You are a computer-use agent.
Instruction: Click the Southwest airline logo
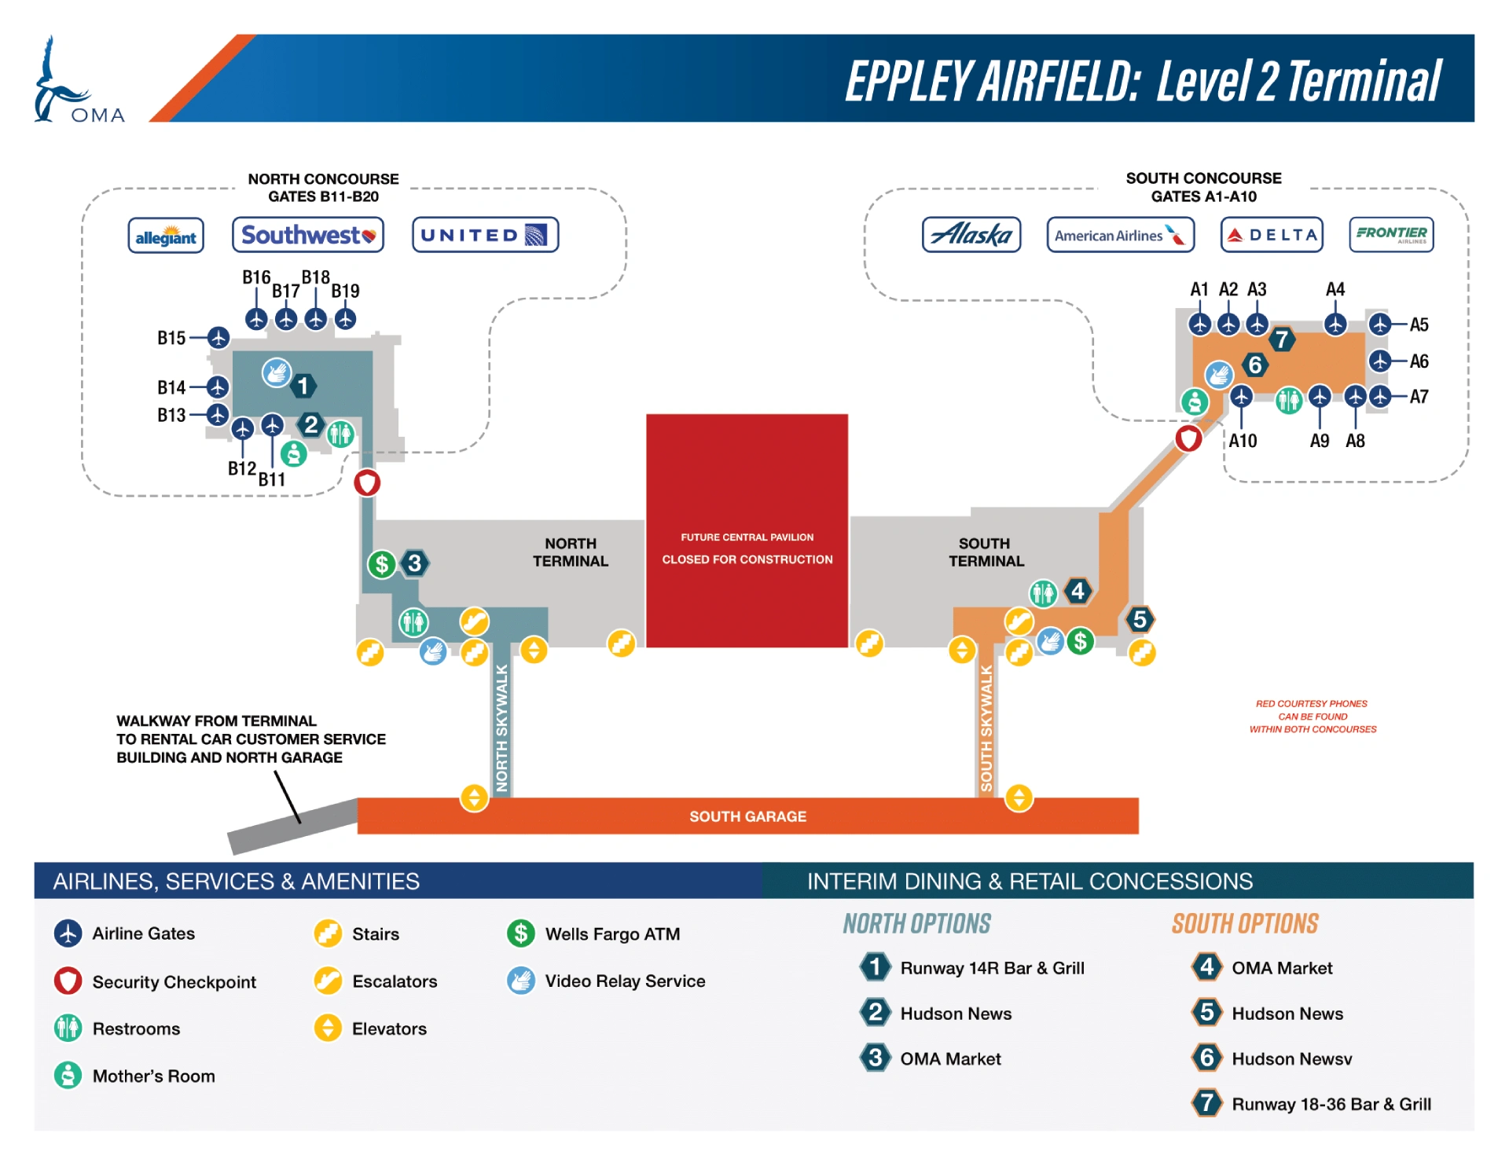coord(308,235)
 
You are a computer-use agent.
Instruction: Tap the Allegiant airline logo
coord(166,236)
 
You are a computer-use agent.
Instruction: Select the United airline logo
coord(485,235)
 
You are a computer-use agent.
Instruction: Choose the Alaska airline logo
coord(971,235)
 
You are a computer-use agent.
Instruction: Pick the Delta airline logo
coord(1272,235)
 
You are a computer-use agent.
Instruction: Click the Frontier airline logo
coord(1391,234)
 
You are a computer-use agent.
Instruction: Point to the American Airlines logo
coord(1120,235)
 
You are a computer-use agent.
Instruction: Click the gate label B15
coord(171,338)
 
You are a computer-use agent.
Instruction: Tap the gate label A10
coord(1243,441)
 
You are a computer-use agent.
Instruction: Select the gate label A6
coord(1419,361)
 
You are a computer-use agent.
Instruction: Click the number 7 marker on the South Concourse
coord(1282,339)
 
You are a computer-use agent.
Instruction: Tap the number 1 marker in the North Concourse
coord(303,386)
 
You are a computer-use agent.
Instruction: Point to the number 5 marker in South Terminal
coord(1140,619)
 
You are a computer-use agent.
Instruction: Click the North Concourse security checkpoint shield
coord(367,482)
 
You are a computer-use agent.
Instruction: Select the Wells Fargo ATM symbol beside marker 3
coord(382,563)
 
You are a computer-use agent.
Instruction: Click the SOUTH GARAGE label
coord(747,816)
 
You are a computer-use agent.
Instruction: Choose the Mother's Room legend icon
coord(68,1075)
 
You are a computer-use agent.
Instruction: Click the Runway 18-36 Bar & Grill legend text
coord(1331,1104)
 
